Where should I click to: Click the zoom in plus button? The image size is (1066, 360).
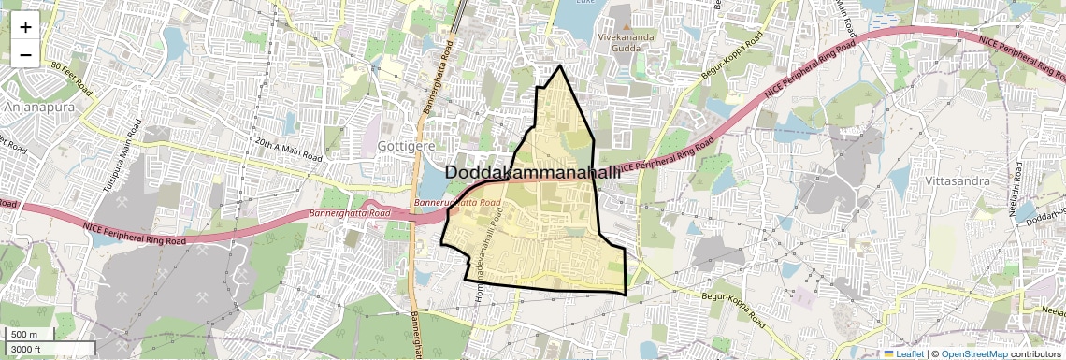coord(25,26)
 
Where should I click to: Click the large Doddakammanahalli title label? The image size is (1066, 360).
coord(533,173)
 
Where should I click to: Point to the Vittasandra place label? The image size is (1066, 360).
coord(955,179)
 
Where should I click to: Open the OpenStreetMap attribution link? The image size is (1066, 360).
coord(973,354)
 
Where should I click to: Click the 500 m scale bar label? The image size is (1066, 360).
coord(25,335)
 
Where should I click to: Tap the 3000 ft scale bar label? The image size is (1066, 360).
coord(28,350)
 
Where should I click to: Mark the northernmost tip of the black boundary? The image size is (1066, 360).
coord(560,66)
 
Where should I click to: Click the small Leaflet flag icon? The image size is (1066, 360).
coord(889,354)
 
